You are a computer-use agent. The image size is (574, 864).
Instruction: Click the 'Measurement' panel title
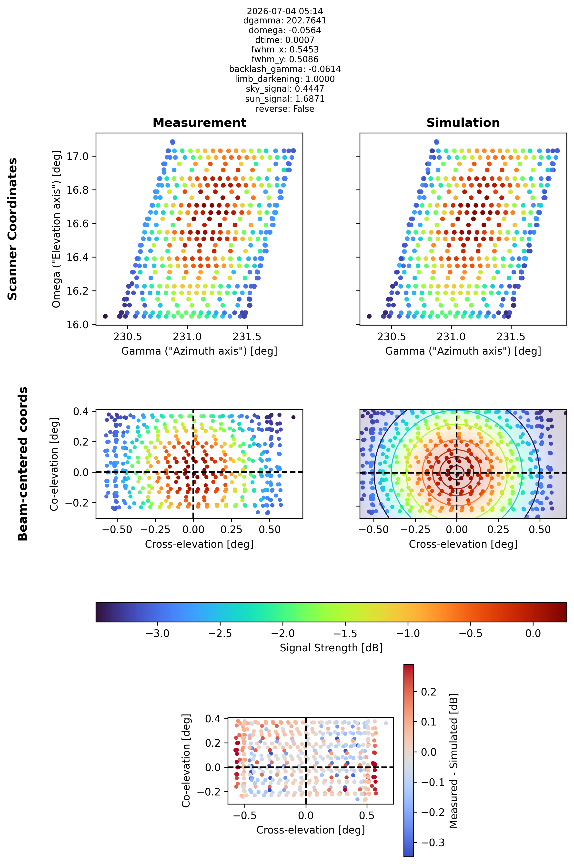(x=200, y=123)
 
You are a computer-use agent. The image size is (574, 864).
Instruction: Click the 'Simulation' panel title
(x=463, y=123)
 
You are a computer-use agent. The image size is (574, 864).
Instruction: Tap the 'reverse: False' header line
(x=285, y=109)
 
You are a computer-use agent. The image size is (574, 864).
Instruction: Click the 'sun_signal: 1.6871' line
(x=285, y=99)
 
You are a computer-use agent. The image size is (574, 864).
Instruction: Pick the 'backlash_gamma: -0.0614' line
(x=285, y=69)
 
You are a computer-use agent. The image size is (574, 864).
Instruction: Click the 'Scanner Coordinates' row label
(x=12, y=229)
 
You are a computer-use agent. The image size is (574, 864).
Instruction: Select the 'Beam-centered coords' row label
(x=23, y=464)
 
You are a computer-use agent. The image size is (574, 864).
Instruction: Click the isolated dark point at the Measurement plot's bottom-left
(x=105, y=316)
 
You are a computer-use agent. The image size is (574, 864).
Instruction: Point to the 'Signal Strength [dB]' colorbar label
(x=331, y=648)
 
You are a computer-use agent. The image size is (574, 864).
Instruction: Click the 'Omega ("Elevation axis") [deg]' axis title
(x=56, y=229)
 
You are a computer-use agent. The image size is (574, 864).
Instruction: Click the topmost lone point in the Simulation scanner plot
(x=436, y=142)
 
